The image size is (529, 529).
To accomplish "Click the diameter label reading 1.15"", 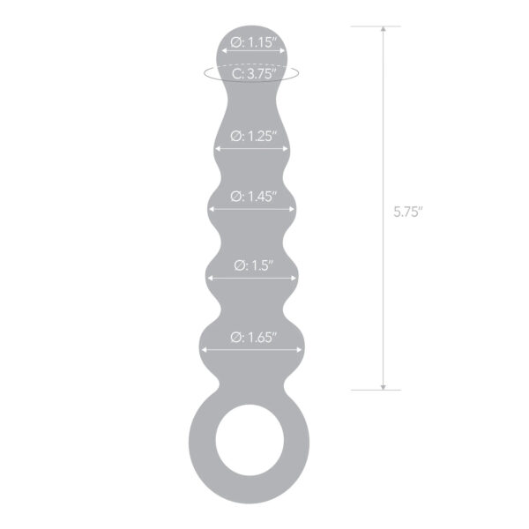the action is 254,43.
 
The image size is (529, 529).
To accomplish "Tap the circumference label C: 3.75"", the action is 254,73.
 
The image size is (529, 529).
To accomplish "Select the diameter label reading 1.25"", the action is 254,137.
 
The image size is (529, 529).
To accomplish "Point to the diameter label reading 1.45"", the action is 254,197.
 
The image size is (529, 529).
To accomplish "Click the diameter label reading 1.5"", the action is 254,265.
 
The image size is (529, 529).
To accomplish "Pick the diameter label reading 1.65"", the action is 254,337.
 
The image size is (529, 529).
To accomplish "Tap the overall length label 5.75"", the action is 408,212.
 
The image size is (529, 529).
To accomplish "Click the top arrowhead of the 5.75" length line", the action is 383,29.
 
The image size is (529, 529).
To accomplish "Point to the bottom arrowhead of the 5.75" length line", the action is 383,387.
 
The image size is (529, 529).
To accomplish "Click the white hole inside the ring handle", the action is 250,440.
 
